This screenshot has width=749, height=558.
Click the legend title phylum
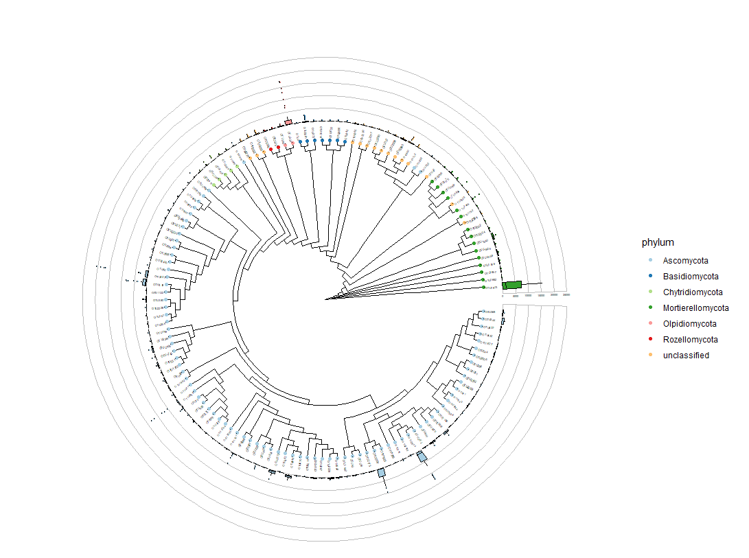(x=658, y=243)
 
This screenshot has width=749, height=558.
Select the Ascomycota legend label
(x=685, y=261)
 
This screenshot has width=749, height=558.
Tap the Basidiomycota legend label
(x=691, y=277)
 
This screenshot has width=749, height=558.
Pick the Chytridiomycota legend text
(x=693, y=292)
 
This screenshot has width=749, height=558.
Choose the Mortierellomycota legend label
(x=695, y=308)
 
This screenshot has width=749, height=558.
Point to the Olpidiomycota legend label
(x=689, y=324)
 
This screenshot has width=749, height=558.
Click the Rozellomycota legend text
(x=690, y=340)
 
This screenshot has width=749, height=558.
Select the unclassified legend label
(x=686, y=356)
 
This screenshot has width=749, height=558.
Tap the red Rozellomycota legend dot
(x=649, y=340)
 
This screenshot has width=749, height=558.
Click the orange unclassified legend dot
(x=649, y=356)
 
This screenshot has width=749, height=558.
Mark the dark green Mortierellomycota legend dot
(x=649, y=308)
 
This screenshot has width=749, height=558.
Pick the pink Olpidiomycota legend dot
(x=649, y=324)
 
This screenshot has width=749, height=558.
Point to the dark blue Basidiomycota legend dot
(x=649, y=277)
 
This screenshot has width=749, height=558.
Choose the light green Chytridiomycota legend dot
(x=649, y=292)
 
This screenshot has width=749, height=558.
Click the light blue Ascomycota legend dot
(x=649, y=261)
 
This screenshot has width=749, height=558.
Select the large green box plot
(x=512, y=285)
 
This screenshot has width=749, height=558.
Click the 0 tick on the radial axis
(x=503, y=295)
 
